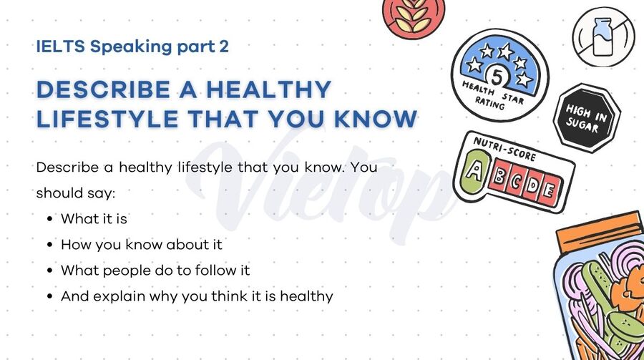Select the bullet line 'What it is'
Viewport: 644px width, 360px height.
click(x=94, y=218)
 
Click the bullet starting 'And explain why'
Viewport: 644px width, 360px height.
click(x=197, y=296)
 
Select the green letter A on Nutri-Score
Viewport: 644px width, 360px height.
click(x=474, y=170)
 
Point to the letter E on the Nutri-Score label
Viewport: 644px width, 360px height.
click(x=547, y=191)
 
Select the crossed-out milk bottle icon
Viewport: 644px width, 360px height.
click(x=602, y=36)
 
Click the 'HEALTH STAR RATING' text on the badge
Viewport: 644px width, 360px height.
click(x=494, y=97)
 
